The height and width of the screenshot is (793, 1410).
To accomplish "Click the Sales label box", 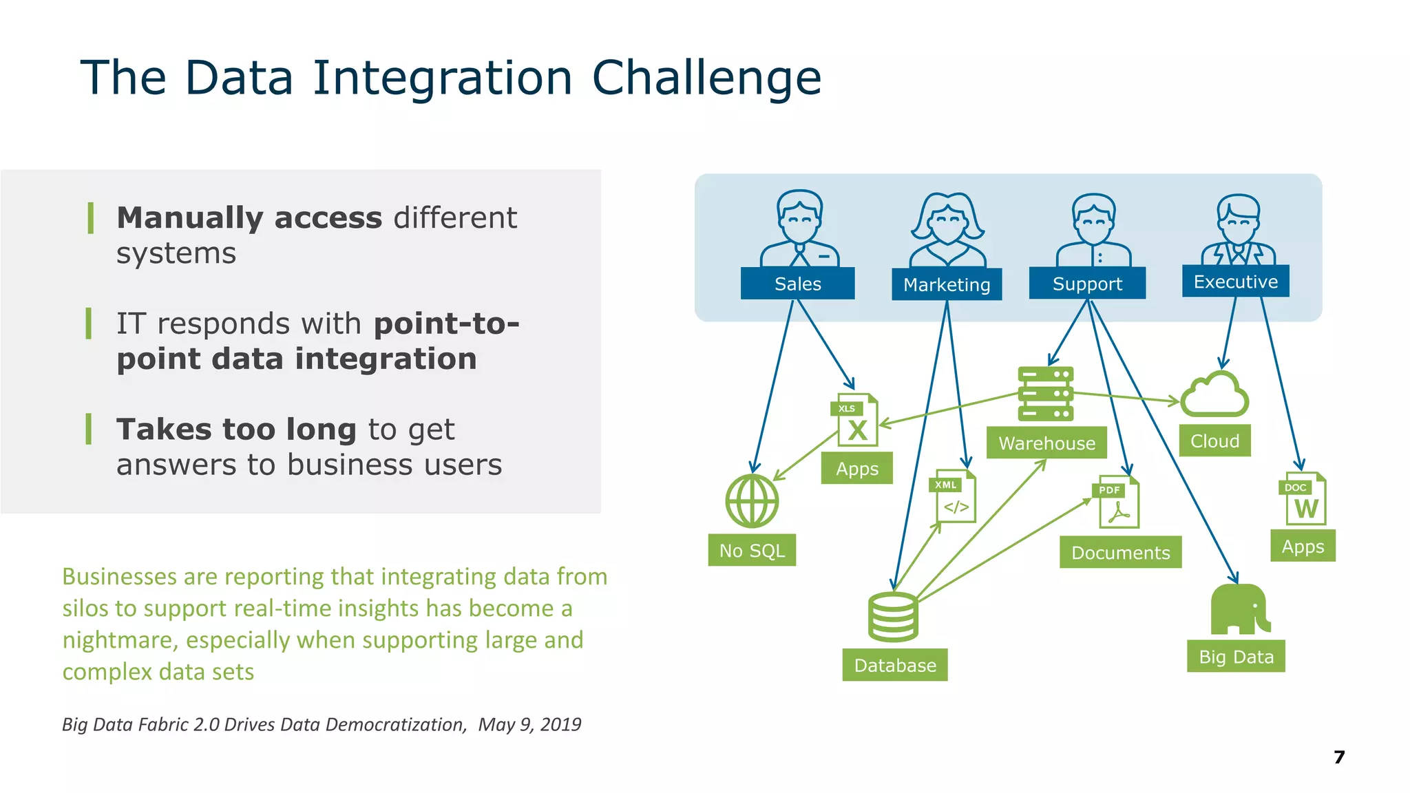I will coord(797,284).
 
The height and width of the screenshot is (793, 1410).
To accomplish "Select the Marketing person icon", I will coord(947,231).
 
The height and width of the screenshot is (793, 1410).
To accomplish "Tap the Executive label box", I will coord(1235,282).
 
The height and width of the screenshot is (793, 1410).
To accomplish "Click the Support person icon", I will coord(1093,231).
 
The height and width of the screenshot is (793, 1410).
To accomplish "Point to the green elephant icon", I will coord(1239,609).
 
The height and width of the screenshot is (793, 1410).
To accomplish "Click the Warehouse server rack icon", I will coord(1045,394).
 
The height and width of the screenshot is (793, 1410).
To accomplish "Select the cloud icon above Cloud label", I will coord(1214,395).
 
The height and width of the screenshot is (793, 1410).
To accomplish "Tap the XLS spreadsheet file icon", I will coord(855,420).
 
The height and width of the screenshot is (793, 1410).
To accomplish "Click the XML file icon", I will coord(954,496).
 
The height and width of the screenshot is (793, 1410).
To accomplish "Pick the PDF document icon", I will coord(1117,503).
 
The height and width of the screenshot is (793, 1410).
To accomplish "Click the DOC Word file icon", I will coord(1303,500).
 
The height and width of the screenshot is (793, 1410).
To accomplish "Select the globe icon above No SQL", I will coord(752,501).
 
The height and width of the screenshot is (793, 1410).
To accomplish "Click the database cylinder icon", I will coord(893,617).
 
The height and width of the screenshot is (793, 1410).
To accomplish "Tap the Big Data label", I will coord(1236,657).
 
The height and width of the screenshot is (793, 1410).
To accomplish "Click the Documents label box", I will coord(1120,553).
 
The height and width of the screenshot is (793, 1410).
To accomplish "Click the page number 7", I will coord(1339,757).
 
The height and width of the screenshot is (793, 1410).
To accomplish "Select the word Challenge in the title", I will coord(706,78).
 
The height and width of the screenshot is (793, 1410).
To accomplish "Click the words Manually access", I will coord(249,218).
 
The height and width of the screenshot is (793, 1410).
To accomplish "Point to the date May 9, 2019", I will coord(529,724).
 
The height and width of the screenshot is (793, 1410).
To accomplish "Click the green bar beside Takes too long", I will coord(89,430).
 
